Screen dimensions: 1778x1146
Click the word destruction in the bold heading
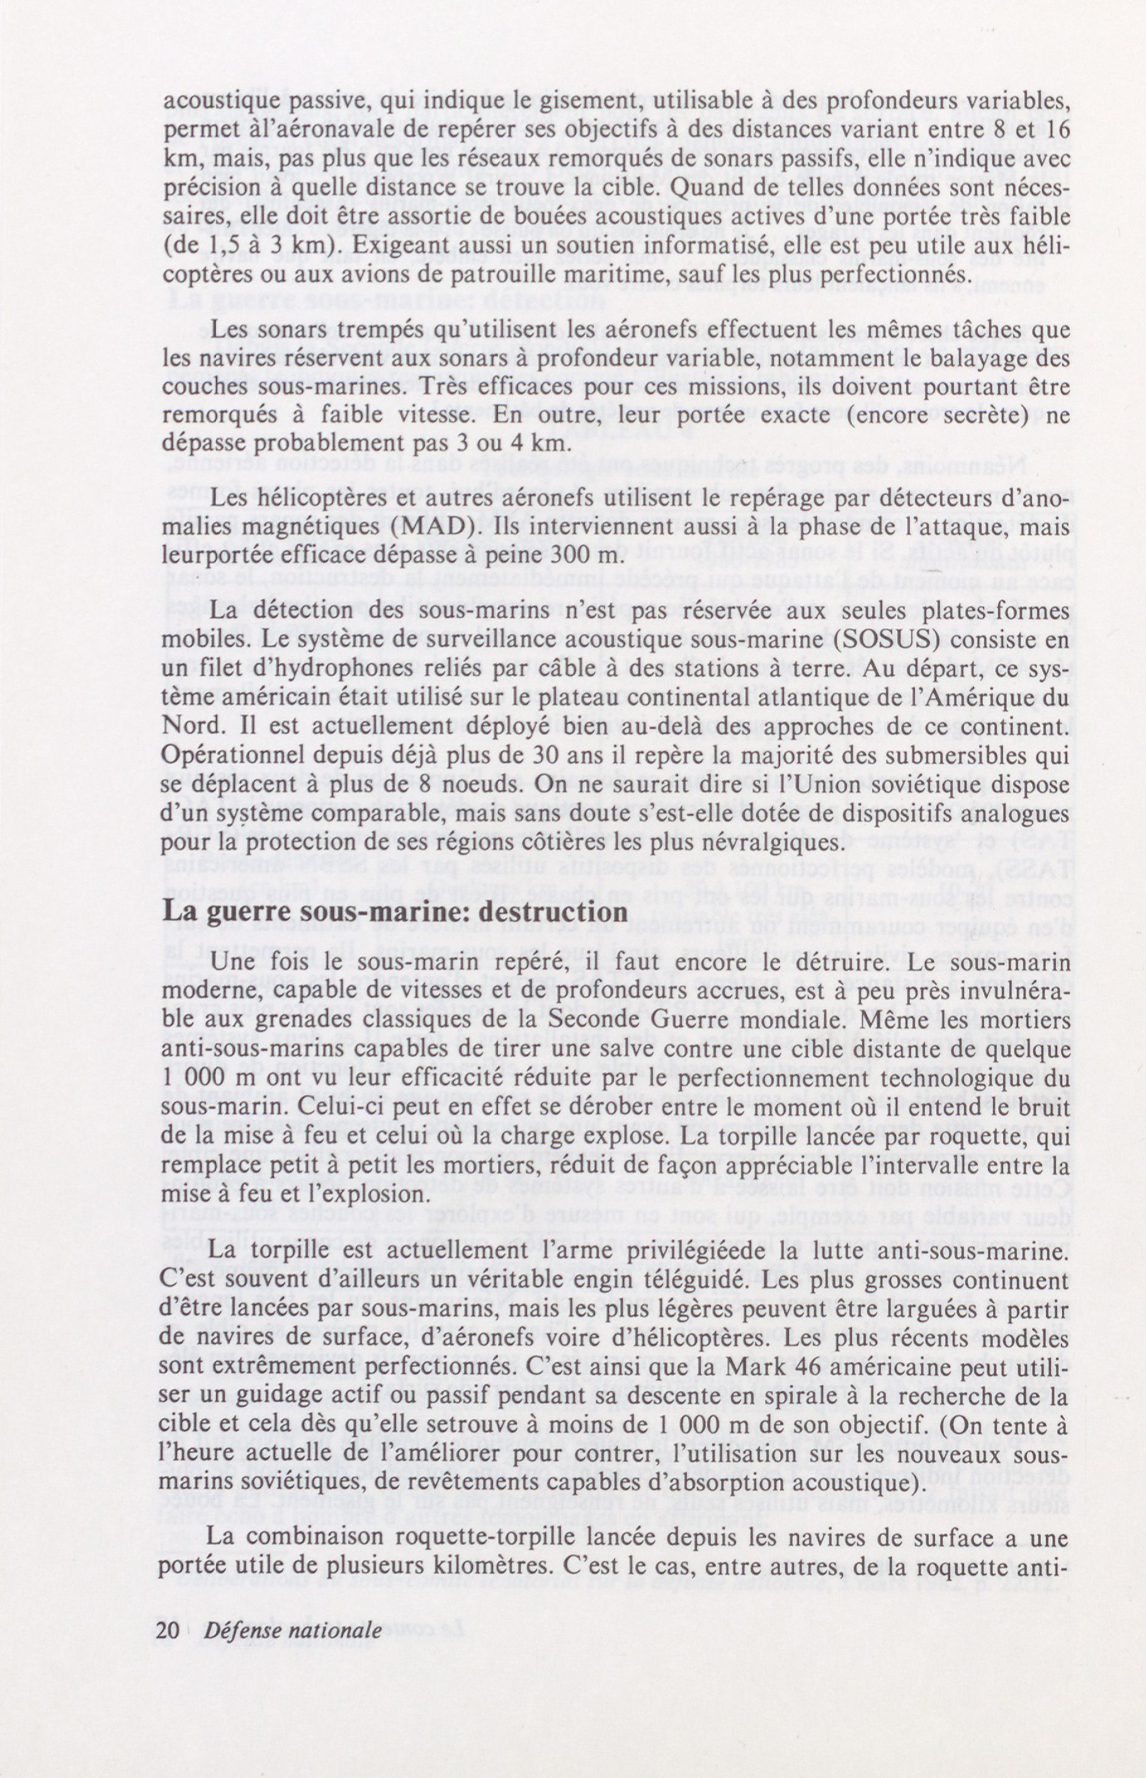(552, 911)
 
